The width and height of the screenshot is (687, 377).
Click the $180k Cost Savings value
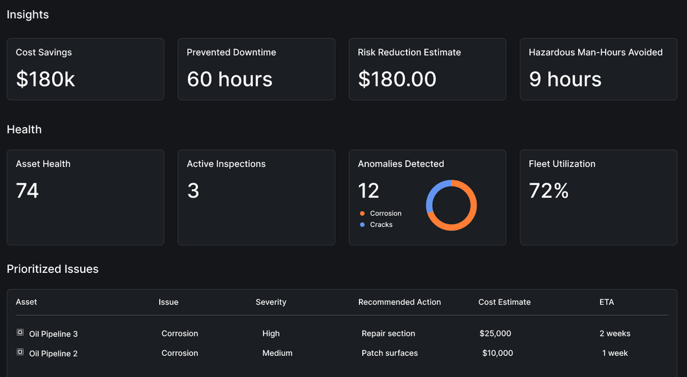click(x=46, y=79)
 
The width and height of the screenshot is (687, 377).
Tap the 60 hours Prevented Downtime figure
click(x=230, y=79)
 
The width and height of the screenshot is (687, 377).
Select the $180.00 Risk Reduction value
click(x=397, y=79)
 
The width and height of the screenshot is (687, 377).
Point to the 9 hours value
click(x=565, y=79)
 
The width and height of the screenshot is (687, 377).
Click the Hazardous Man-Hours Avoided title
click(x=595, y=52)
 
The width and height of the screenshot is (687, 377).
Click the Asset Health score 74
click(x=27, y=191)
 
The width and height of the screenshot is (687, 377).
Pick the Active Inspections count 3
click(x=193, y=191)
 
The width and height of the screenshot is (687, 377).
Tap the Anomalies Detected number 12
click(x=369, y=191)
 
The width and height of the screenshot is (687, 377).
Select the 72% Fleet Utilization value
click(x=548, y=191)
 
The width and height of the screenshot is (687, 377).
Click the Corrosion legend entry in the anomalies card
click(x=385, y=213)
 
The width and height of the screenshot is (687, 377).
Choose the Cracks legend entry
click(x=381, y=225)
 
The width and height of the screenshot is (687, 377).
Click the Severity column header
click(x=271, y=302)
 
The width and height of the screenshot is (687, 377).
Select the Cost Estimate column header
click(x=504, y=302)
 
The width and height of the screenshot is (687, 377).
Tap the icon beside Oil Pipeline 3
click(x=20, y=333)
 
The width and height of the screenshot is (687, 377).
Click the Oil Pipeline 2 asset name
click(x=53, y=354)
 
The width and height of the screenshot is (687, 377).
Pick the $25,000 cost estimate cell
click(x=495, y=334)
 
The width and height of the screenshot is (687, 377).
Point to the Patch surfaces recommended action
click(x=389, y=354)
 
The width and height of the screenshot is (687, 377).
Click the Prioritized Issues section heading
click(x=53, y=269)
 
